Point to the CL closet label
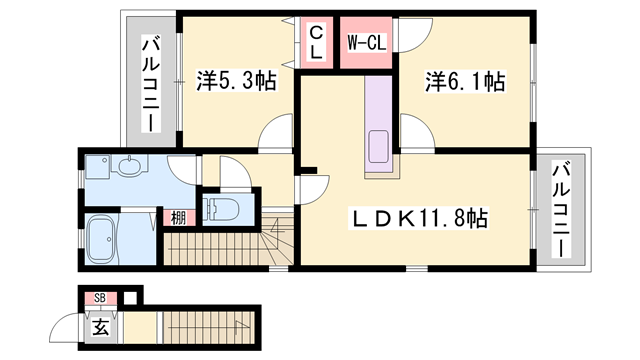pyautogui.click(x=314, y=43)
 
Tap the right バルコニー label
pyautogui.click(x=561, y=211)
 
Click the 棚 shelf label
pyautogui.click(x=176, y=218)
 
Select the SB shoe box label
pyautogui.click(x=99, y=298)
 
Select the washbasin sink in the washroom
pyautogui.click(x=129, y=166)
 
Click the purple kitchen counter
pyautogui.click(x=380, y=125)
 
